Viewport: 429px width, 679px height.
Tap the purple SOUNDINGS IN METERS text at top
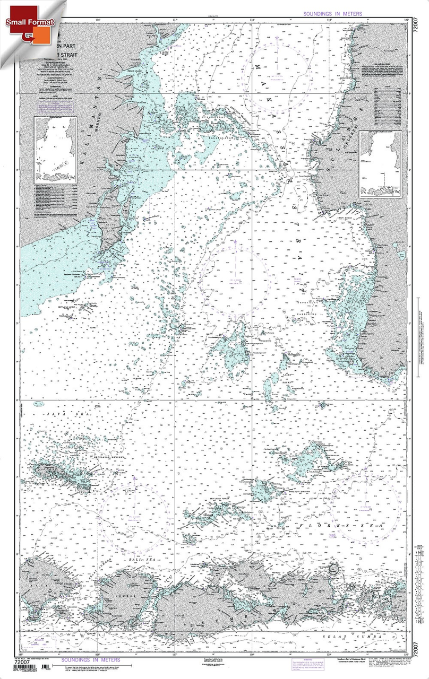[332, 13]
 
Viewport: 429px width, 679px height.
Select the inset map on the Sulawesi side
[380, 164]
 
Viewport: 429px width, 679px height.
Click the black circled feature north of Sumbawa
[333, 569]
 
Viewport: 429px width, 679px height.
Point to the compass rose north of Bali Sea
[134, 510]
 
